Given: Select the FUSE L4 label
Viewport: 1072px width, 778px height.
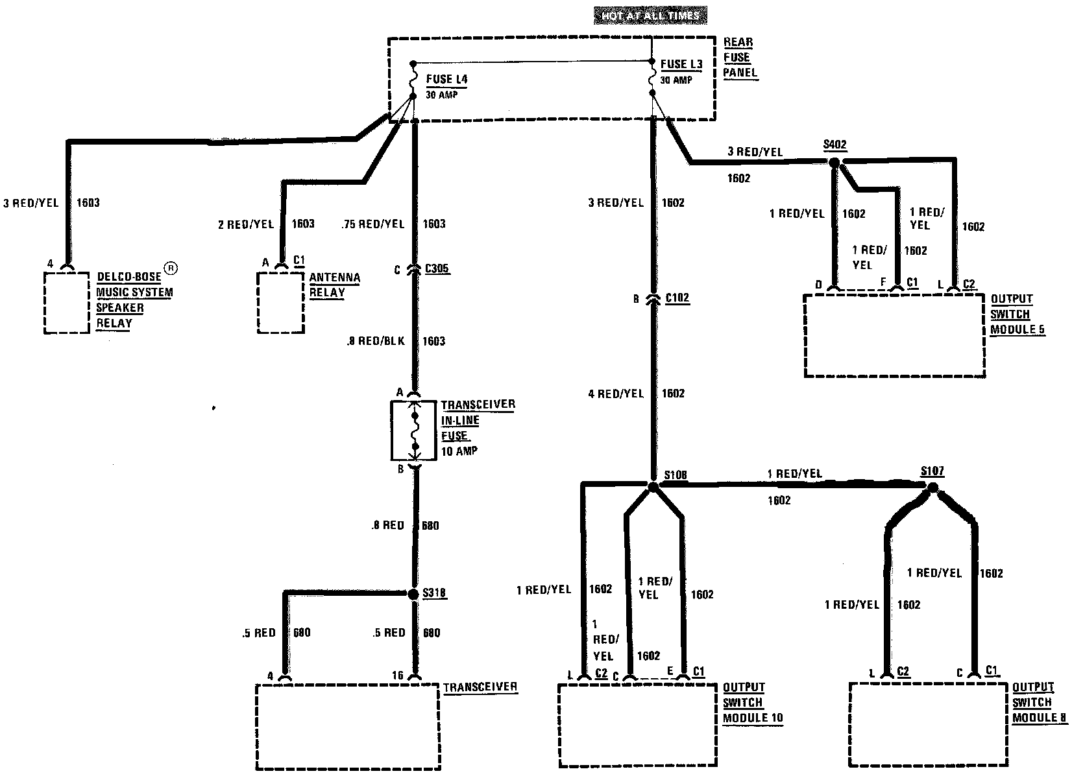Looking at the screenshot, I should tap(446, 80).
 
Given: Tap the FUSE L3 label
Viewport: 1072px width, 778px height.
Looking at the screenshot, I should tap(681, 64).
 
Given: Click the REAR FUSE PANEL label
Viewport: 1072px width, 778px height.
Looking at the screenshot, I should tap(740, 57).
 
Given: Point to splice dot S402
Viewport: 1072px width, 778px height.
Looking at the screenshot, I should tap(835, 164).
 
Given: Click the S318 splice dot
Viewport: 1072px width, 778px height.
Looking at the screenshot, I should tap(413, 594).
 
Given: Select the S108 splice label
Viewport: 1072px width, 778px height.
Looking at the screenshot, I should tap(675, 476).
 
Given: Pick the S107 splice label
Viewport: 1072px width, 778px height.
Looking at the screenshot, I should tap(932, 471).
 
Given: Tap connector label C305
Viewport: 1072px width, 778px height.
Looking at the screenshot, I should tap(437, 268).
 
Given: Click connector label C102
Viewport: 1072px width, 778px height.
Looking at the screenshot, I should tap(677, 298).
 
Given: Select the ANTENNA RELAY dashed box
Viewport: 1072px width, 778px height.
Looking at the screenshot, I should tap(280, 302).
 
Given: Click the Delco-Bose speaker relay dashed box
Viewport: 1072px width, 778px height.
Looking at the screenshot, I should tap(66, 303).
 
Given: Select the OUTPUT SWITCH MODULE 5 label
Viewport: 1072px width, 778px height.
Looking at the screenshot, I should tap(1017, 314).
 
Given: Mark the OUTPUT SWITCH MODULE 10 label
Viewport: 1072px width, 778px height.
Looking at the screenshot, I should tap(753, 703).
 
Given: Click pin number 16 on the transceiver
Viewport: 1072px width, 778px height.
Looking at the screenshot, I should tap(398, 676).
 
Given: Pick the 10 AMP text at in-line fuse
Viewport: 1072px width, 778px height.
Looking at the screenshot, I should tap(459, 451).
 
